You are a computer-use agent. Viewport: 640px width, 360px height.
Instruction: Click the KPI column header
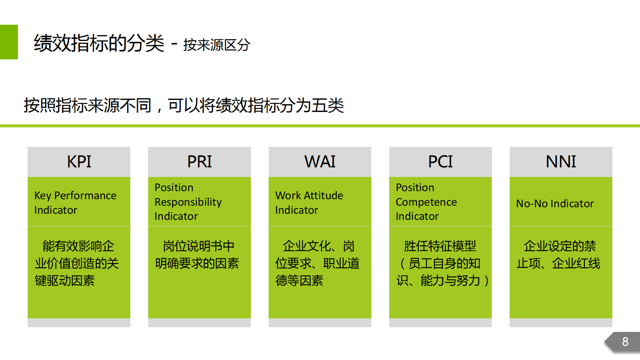pos(79,162)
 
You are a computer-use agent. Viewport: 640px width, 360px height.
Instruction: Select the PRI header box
pos(199,162)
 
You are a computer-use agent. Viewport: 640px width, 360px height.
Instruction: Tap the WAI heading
pos(320,162)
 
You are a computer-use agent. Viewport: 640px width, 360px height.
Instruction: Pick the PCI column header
pos(440,162)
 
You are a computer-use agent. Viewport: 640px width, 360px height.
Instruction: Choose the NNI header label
pos(561,162)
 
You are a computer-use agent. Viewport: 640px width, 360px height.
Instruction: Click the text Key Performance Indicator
pos(75,203)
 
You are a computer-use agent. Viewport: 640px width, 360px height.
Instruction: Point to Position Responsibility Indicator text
pos(188,202)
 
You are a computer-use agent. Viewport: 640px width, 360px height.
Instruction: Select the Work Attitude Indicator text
pos(309,203)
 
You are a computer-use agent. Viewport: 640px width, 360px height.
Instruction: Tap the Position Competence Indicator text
pos(426,202)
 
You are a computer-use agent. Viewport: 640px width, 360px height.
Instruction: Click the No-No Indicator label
pos(555,203)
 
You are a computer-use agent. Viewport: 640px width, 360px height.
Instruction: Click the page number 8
pos(625,342)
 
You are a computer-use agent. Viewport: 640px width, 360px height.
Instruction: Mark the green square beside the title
pos(9,42)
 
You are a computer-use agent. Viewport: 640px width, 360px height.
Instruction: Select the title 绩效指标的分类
pos(99,43)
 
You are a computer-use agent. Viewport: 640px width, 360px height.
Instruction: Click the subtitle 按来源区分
pos(217,45)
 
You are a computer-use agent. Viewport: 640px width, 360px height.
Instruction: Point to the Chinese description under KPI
pos(77,263)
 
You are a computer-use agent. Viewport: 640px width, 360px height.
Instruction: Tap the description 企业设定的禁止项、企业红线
pos(558,255)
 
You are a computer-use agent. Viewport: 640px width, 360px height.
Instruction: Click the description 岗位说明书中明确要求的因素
pos(197,255)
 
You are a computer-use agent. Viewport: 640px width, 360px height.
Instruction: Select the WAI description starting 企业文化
pos(318,263)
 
